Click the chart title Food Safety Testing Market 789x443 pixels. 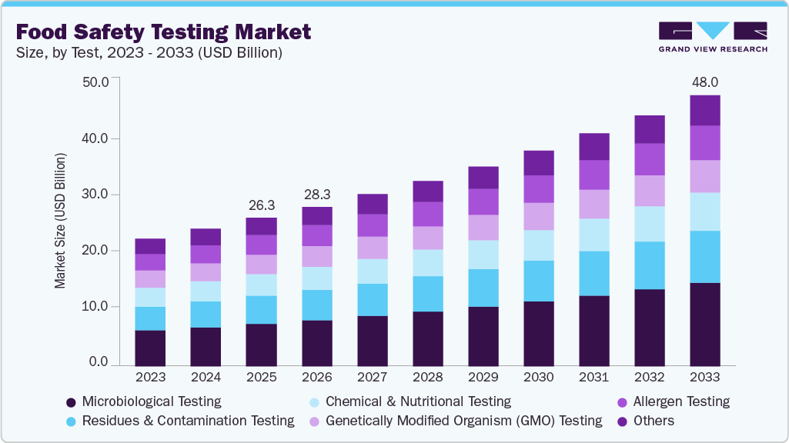(163, 32)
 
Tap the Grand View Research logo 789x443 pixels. (712, 37)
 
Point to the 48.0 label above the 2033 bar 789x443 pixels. (704, 82)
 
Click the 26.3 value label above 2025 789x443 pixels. (261, 205)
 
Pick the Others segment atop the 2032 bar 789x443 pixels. (649, 129)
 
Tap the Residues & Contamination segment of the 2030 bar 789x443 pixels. (538, 281)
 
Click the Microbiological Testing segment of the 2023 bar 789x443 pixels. (150, 347)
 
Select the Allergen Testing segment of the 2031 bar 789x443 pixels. (593, 175)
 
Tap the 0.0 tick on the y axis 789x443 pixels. (99, 362)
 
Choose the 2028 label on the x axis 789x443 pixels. (427, 378)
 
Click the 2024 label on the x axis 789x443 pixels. (206, 378)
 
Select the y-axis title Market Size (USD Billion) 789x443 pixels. (60, 221)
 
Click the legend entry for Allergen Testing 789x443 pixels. (674, 401)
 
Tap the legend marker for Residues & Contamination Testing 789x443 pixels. (71, 421)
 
